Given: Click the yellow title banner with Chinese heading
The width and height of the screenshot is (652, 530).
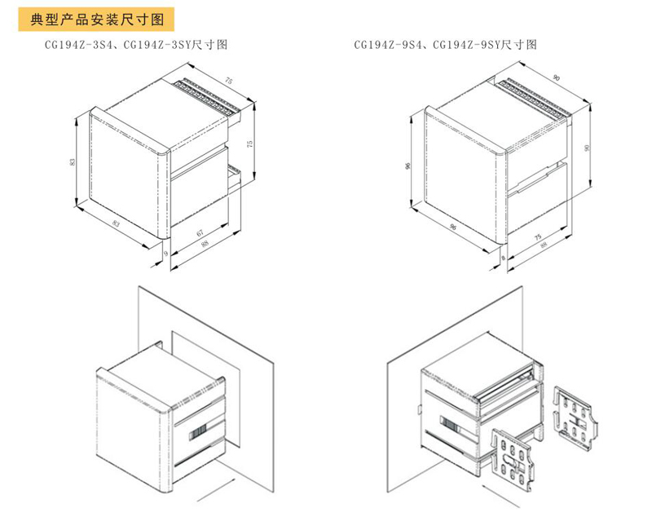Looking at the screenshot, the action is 96,19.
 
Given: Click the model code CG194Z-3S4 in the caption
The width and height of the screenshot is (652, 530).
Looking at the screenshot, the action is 78,45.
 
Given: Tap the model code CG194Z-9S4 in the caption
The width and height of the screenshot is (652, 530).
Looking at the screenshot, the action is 388,45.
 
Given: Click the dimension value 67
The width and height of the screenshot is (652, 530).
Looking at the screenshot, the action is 200,232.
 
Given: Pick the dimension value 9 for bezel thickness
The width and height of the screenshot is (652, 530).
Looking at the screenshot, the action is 165,253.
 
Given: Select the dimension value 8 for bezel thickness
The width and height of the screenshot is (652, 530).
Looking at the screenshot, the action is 503,258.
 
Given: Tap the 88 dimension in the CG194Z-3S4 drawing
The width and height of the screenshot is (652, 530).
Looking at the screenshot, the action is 205,243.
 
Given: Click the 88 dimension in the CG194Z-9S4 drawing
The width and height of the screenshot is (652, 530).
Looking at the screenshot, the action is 543,245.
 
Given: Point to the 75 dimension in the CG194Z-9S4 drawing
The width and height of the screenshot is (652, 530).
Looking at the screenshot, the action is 538,236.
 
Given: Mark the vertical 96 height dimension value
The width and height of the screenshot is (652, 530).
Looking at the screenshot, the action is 408,166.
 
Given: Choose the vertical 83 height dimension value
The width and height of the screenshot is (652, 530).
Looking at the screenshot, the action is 73,161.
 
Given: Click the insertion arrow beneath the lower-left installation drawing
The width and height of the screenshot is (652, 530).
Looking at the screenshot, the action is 216,490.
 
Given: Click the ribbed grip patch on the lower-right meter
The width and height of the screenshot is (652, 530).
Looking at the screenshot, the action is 449,424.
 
